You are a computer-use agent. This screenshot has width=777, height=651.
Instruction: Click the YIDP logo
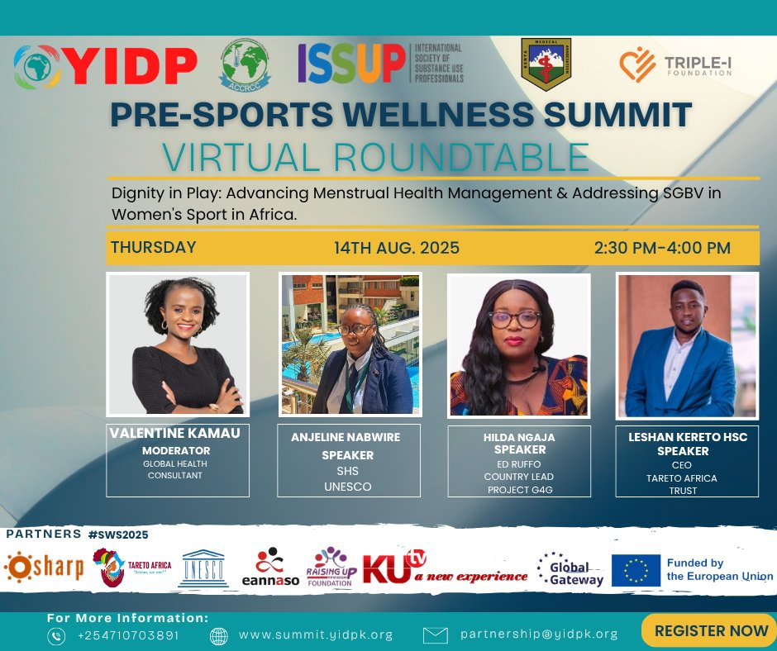[x=106, y=67]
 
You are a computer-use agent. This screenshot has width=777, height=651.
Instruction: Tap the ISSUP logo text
[x=352, y=64]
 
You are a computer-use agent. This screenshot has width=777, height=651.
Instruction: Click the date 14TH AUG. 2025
[x=397, y=248]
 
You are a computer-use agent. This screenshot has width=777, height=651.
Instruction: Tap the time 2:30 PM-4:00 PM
[x=662, y=248]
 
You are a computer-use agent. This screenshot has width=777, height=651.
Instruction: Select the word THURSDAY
[x=154, y=248]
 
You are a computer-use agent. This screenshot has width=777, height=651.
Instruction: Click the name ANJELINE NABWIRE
[x=348, y=439]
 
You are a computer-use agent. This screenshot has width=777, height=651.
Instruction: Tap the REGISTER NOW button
[x=711, y=631]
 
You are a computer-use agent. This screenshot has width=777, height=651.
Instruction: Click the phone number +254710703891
[x=127, y=635]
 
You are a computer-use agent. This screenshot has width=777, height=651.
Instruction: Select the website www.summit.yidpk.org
[x=315, y=635]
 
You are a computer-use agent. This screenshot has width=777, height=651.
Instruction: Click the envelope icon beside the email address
[x=436, y=635]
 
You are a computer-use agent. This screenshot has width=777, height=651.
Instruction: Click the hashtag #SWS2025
[x=118, y=535]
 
